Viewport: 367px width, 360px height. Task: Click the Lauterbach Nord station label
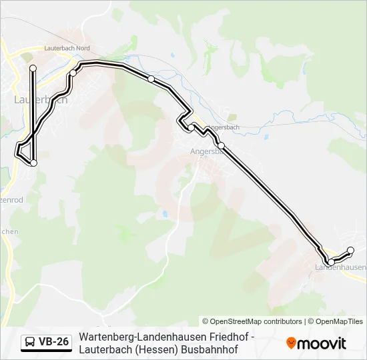pos(67,49)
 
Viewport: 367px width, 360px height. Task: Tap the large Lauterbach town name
pos(40,99)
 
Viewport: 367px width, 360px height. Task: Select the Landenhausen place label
pos(340,267)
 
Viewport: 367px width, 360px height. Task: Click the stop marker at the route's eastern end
pos(351,251)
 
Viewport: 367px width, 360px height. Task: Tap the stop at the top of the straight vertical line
pos(33,68)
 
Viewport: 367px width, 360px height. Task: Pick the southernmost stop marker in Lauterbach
pos(33,163)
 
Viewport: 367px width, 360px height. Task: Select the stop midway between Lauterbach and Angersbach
pos(151,79)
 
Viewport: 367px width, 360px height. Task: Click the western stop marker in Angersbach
pos(191,127)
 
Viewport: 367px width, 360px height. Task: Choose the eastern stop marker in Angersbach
pos(221,146)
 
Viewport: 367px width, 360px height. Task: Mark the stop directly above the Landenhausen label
pos(330,262)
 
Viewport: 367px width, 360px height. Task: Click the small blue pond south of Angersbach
pos(163,215)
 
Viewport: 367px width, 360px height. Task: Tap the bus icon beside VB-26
pos(30,342)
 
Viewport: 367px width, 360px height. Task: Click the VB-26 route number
pos(53,342)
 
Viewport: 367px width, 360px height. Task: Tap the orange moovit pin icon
pos(291,343)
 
